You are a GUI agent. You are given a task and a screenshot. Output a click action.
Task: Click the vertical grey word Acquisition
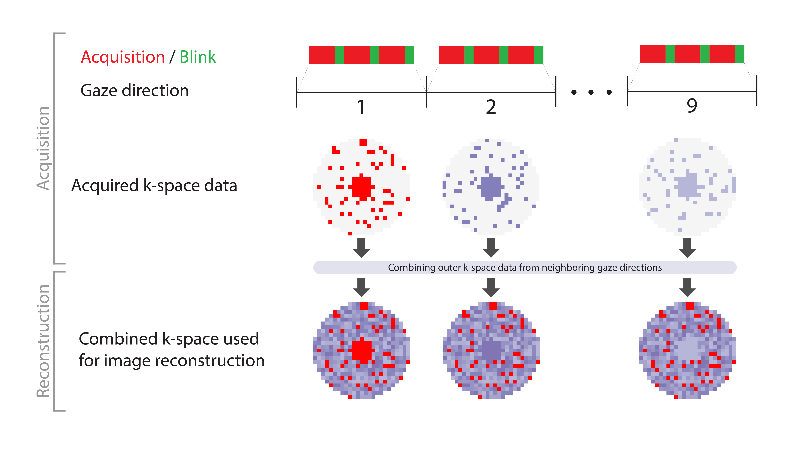tap(43, 148)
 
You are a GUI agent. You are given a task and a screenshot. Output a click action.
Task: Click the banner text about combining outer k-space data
tap(525, 267)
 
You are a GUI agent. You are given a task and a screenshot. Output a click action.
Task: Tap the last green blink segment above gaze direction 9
tap(740, 54)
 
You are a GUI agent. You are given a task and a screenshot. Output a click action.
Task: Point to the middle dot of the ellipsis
tap(591, 92)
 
